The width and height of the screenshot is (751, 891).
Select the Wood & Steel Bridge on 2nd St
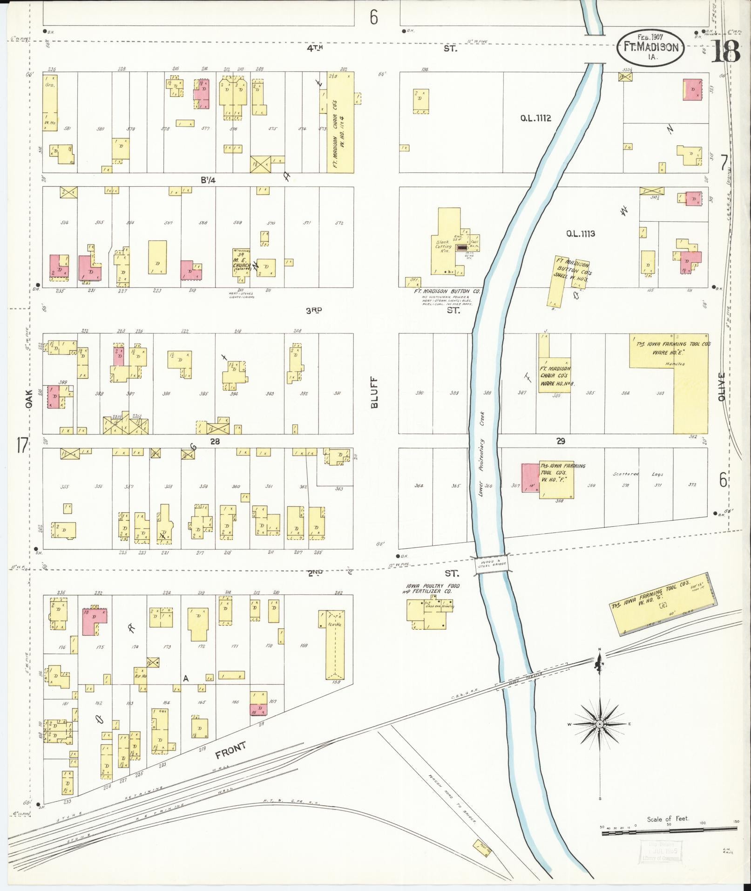pos(491,565)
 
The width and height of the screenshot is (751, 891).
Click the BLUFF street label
pos(375,392)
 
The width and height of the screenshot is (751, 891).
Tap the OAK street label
pos(29,400)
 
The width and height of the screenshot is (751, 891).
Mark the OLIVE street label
pos(722,387)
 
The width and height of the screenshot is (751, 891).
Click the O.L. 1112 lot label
pos(535,118)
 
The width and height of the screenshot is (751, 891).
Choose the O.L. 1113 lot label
pos(580,234)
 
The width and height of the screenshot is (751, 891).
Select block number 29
pos(561,441)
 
